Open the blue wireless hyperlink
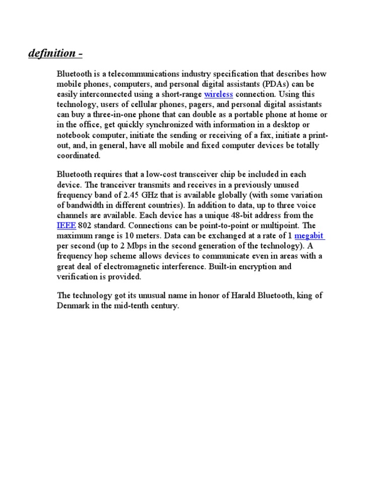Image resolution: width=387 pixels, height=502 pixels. tap(218, 94)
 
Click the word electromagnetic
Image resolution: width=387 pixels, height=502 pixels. tap(138, 266)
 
